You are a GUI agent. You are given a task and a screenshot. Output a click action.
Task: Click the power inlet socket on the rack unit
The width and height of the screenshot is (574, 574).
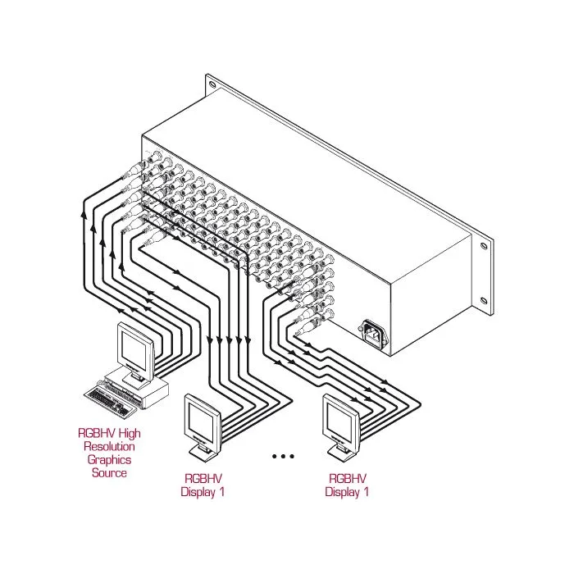coord(374,333)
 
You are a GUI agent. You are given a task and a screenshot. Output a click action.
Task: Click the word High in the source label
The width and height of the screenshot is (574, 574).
coord(130,434)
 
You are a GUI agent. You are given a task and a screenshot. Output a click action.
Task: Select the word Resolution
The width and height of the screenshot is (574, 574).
coord(109,447)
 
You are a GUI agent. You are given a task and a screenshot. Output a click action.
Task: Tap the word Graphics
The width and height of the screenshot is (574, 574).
coord(109,460)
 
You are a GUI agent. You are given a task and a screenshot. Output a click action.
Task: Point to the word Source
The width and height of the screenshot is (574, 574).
coord(109,472)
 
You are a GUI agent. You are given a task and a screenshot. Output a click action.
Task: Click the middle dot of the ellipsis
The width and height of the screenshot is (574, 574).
coord(283,456)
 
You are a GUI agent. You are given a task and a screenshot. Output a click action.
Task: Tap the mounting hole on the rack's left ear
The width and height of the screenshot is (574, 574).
coord(212,84)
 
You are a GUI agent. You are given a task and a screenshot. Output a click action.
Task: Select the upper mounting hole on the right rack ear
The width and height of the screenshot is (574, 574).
coord(484,245)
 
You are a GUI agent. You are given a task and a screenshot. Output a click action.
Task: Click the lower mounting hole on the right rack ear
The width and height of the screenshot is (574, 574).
coord(484,301)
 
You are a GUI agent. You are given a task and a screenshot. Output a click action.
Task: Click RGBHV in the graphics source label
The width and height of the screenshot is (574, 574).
coord(97,434)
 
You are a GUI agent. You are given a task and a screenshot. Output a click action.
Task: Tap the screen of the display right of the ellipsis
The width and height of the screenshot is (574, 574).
coord(339,420)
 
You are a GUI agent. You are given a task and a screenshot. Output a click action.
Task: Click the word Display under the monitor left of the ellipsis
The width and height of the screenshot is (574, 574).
coord(198,492)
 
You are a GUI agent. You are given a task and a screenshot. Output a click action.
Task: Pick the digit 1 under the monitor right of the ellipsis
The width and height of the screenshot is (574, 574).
coord(366,491)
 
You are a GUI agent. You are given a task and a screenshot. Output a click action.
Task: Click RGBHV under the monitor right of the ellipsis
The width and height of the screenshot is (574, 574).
coord(348,478)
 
